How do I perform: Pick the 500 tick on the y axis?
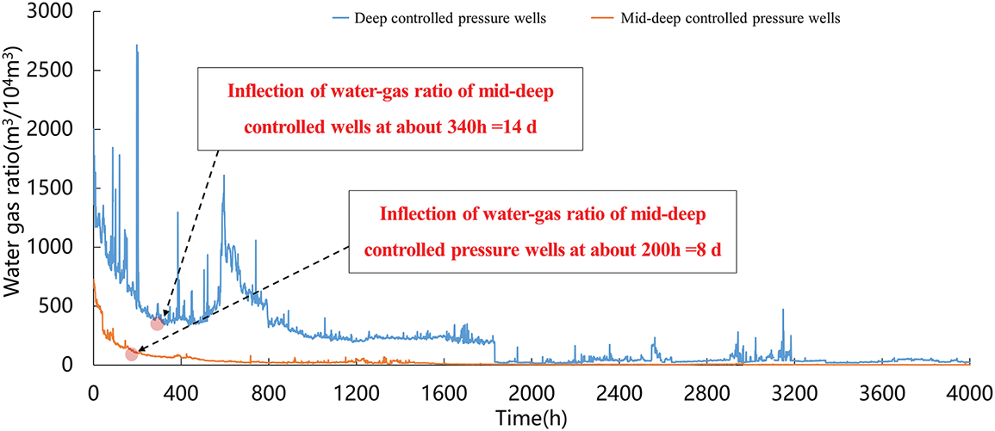coord(72,306)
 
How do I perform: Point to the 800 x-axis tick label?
coord(268,387)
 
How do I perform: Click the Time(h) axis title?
coord(530,416)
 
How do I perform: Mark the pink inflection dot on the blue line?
coord(157,323)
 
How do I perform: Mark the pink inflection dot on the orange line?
coord(131,354)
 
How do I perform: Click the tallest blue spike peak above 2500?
coord(137,46)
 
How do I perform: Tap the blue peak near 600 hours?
coord(224,176)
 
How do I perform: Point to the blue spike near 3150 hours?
coord(783,310)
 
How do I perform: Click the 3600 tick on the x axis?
coord(882,387)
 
